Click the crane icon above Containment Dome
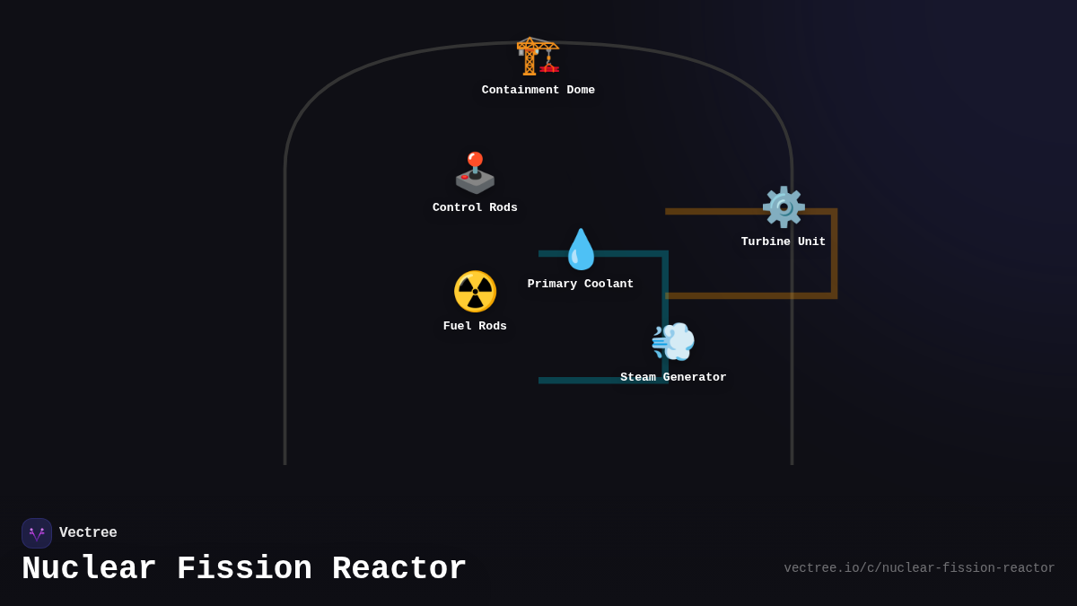pyautogui.click(x=538, y=56)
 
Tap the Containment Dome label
pyautogui.click(x=538, y=91)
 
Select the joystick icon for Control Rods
pyautogui.click(x=475, y=172)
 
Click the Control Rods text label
pyautogui.click(x=475, y=208)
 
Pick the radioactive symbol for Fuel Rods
pyautogui.click(x=475, y=292)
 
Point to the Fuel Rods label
pyautogui.click(x=475, y=327)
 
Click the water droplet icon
pyautogui.click(x=581, y=250)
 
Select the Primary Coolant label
pyautogui.click(x=581, y=285)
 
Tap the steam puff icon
pyautogui.click(x=673, y=341)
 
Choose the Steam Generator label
pyautogui.click(x=673, y=378)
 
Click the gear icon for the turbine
pyautogui.click(x=784, y=207)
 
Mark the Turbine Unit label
pyautogui.click(x=784, y=242)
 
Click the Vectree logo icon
pyautogui.click(x=37, y=533)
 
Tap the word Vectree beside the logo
pyautogui.click(x=88, y=533)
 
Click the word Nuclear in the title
pyautogui.click(x=89, y=569)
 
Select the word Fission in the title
pyautogui.click(x=244, y=569)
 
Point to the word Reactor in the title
pyautogui.click(x=399, y=569)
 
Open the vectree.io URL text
pyautogui.click(x=919, y=568)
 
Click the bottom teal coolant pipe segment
pyautogui.click(x=592, y=381)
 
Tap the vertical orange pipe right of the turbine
pyautogui.click(x=834, y=256)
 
